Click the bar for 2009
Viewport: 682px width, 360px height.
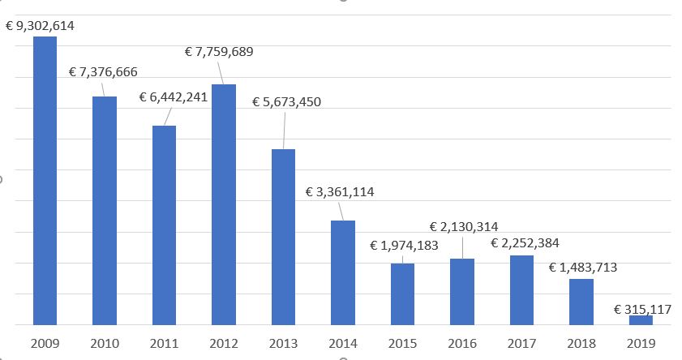pyautogui.click(x=45, y=180)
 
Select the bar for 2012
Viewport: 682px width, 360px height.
pyautogui.click(x=224, y=204)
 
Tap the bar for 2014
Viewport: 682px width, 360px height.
pyautogui.click(x=343, y=272)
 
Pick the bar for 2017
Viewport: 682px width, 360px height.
pyautogui.click(x=521, y=289)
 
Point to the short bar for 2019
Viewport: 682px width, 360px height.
pyautogui.click(x=641, y=320)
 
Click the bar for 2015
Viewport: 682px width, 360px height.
pyautogui.click(x=402, y=294)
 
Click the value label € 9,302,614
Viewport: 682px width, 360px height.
pyautogui.click(x=40, y=26)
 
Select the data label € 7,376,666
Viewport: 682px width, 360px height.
pyautogui.click(x=103, y=72)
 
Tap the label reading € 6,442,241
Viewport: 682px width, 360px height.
pyautogui.click(x=174, y=97)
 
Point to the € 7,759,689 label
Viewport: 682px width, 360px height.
pyautogui.click(x=219, y=52)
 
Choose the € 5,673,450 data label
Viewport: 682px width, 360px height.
pyautogui.click(x=286, y=102)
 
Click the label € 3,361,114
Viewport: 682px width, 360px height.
pyautogui.click(x=340, y=192)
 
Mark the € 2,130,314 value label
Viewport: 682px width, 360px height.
pyautogui.click(x=464, y=226)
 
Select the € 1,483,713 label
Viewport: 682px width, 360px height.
pyautogui.click(x=582, y=267)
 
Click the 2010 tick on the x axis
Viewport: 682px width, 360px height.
pyautogui.click(x=105, y=344)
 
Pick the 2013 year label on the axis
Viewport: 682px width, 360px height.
pyautogui.click(x=283, y=344)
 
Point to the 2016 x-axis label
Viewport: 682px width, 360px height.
pyautogui.click(x=462, y=344)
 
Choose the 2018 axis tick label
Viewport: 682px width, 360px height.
pyautogui.click(x=581, y=344)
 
